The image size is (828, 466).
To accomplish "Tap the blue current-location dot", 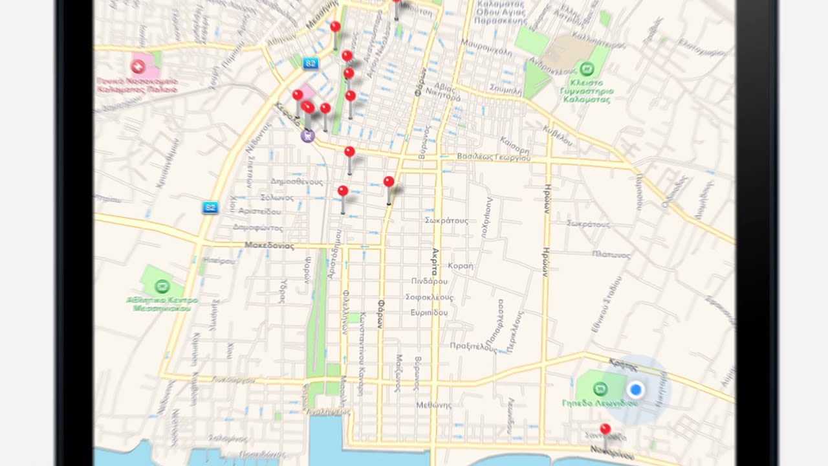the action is pos(635,390).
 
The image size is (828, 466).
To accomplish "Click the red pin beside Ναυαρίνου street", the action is pos(605,429).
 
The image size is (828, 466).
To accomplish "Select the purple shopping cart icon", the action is pos(307,135).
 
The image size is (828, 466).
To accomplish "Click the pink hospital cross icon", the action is pos(138,66).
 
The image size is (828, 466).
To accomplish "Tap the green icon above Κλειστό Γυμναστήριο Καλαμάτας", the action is pos(586,68).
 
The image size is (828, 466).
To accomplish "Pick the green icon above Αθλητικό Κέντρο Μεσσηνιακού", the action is pos(162,285).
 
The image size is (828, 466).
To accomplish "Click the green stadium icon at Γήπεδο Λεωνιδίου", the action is pos(600,389).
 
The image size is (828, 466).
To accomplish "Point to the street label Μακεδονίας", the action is pos(270,246).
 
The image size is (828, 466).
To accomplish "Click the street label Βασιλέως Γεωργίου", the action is pos(494,157).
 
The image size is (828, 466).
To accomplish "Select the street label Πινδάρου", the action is pos(429,282).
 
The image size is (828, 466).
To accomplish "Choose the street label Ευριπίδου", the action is pos(429,313).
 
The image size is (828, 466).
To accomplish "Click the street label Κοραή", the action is pos(461,266).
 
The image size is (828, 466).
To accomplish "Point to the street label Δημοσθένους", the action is pos(297,182).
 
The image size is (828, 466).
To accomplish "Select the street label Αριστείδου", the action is pos(260,212).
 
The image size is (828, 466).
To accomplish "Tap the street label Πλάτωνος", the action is pos(610,255).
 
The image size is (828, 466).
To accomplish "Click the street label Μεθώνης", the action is pos(433,405).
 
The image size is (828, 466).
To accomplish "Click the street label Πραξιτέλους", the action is pos(474,346).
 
